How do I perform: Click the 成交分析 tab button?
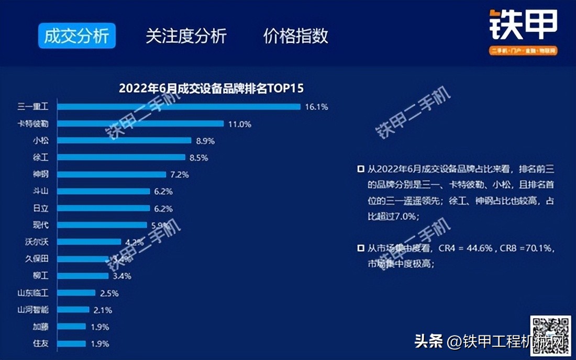coord(76,36)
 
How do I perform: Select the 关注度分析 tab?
coord(186,36)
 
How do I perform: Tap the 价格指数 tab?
coord(296,36)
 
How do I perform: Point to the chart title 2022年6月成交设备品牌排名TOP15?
coord(211,88)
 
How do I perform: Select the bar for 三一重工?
coord(179,107)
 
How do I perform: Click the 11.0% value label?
coord(239,124)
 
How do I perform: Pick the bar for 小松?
coord(124,141)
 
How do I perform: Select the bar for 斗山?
coord(103,192)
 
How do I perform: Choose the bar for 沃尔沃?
coord(89,242)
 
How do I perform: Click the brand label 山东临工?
coord(33,293)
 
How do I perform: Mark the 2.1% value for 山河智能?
coord(103,310)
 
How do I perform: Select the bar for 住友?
coord(71,344)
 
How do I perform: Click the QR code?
coord(550,335)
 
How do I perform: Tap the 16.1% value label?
coord(316,107)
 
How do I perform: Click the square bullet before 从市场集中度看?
coord(360,248)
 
